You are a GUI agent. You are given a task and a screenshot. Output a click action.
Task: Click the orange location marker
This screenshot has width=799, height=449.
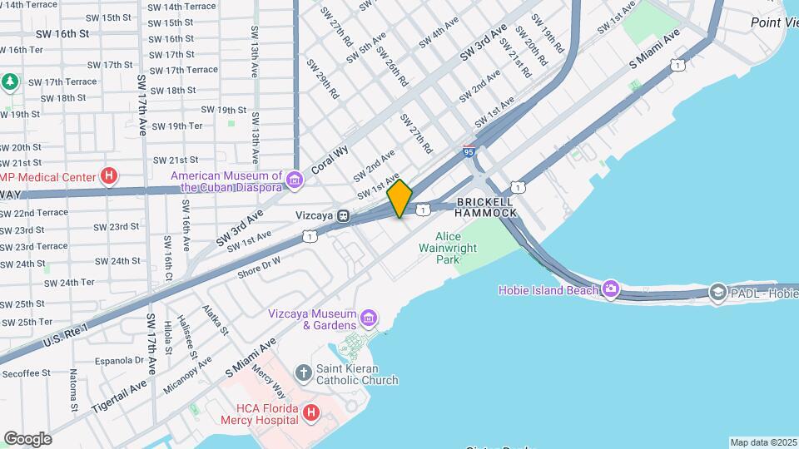click(399, 199)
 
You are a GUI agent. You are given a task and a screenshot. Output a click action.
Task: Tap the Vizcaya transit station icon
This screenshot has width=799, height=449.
click(343, 215)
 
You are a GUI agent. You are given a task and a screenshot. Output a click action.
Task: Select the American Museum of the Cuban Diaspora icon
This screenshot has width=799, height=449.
click(293, 180)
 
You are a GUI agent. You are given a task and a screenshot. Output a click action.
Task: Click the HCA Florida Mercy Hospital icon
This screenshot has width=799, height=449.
click(310, 412)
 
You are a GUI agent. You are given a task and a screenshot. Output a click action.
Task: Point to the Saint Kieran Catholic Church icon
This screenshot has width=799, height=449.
click(303, 372)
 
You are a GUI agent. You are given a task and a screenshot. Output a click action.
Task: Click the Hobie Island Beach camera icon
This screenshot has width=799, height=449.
click(612, 289)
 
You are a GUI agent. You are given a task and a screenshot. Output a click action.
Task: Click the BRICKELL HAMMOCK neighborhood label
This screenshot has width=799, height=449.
click(487, 207)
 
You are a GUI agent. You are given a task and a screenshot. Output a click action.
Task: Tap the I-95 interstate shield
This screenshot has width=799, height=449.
click(469, 151)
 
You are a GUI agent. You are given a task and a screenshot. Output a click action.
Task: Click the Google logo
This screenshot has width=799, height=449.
click(27, 438)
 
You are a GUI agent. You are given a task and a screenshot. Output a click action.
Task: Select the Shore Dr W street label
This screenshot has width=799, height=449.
click(259, 265)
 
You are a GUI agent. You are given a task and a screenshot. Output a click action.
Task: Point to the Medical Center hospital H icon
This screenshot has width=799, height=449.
click(108, 175)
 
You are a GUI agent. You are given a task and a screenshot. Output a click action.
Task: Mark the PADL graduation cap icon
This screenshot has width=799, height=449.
click(717, 293)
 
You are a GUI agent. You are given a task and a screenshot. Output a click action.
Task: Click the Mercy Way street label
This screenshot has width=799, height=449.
click(268, 383)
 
